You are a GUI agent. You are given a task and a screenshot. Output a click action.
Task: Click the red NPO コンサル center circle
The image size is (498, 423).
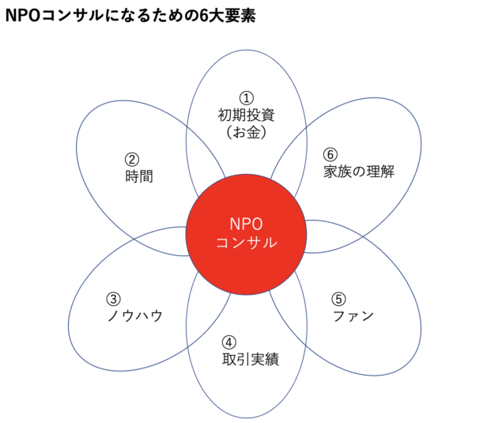click(246, 234)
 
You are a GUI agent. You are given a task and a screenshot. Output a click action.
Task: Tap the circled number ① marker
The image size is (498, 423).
click(247, 98)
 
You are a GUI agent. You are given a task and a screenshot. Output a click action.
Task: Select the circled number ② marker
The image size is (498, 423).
click(132, 160)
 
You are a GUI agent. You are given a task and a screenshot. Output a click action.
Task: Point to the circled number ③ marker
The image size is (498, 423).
click(113, 299)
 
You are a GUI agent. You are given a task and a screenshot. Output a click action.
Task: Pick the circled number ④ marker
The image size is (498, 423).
click(229, 342)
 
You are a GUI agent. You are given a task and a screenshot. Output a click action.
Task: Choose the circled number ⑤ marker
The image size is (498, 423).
click(339, 299)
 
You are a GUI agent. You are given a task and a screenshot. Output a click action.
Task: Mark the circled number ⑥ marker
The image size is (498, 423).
click(330, 155)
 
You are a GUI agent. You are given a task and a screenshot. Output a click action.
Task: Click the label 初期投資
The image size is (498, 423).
click(246, 115)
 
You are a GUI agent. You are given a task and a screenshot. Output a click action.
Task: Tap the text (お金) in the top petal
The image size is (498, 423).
click(246, 132)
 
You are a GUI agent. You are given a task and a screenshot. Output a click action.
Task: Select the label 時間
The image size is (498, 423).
click(139, 176)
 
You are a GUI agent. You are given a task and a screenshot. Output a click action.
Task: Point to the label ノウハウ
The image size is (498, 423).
click(135, 316)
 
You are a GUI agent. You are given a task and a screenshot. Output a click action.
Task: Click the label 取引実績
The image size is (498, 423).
click(251, 360)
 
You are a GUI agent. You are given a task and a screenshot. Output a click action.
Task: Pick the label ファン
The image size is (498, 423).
click(353, 316)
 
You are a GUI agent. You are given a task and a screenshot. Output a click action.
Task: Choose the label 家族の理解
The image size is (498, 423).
click(359, 172)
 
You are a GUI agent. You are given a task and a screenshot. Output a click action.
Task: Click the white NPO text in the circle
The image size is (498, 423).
click(246, 225)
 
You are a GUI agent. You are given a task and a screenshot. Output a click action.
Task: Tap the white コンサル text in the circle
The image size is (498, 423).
click(247, 243)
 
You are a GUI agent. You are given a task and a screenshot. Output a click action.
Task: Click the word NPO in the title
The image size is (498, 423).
click(23, 15)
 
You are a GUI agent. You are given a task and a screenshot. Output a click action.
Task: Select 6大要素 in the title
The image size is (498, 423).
click(228, 15)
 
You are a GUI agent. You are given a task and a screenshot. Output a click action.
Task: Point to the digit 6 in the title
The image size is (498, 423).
click(204, 16)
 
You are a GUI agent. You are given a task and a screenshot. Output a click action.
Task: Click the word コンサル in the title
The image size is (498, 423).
click(73, 16)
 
